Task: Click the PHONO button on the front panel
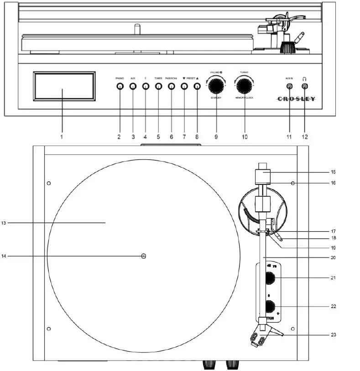(x=120, y=86)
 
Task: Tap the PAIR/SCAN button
(x=172, y=86)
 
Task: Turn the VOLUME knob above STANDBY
(x=217, y=85)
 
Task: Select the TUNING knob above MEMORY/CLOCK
(x=244, y=85)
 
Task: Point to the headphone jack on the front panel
(x=304, y=86)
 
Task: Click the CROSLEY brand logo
(x=297, y=99)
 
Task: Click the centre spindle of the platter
(x=144, y=256)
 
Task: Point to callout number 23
(x=333, y=334)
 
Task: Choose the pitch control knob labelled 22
(x=270, y=307)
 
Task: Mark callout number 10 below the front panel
(x=245, y=136)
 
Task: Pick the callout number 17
(x=333, y=231)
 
